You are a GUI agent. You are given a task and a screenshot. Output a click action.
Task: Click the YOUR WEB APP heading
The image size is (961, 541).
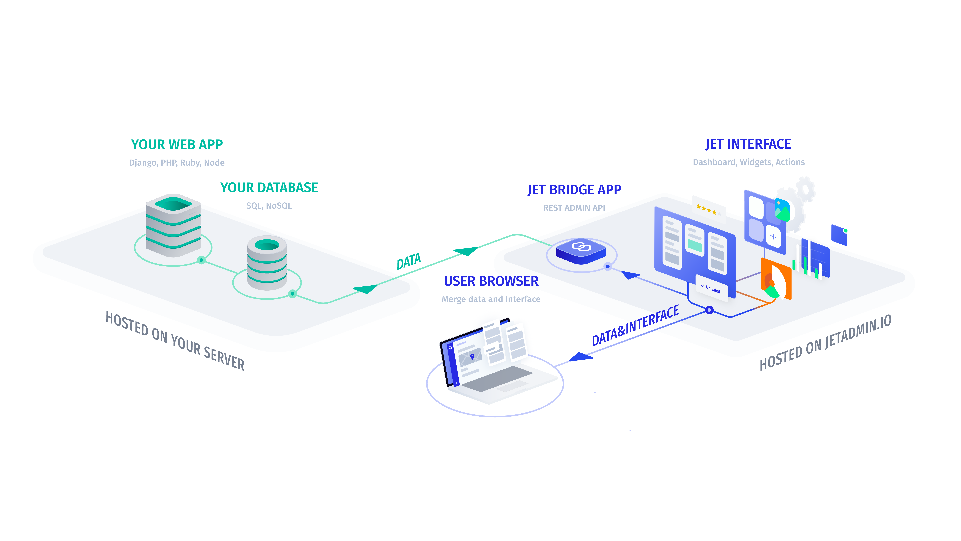(177, 145)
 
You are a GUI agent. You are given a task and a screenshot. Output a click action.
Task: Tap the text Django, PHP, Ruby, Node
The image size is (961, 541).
(177, 163)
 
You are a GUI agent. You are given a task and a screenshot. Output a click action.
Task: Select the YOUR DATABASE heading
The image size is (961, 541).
(269, 187)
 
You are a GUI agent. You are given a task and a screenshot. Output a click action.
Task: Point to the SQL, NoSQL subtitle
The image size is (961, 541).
(269, 206)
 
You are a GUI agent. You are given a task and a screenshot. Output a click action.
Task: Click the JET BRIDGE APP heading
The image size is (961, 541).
(574, 190)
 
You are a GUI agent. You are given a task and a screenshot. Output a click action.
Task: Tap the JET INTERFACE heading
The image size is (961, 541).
(748, 144)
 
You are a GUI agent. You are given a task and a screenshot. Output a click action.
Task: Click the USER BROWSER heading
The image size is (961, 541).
(491, 281)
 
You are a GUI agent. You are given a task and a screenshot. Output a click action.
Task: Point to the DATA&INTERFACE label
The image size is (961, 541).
(635, 325)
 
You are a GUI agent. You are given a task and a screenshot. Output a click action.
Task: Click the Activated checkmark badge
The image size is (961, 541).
(712, 289)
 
